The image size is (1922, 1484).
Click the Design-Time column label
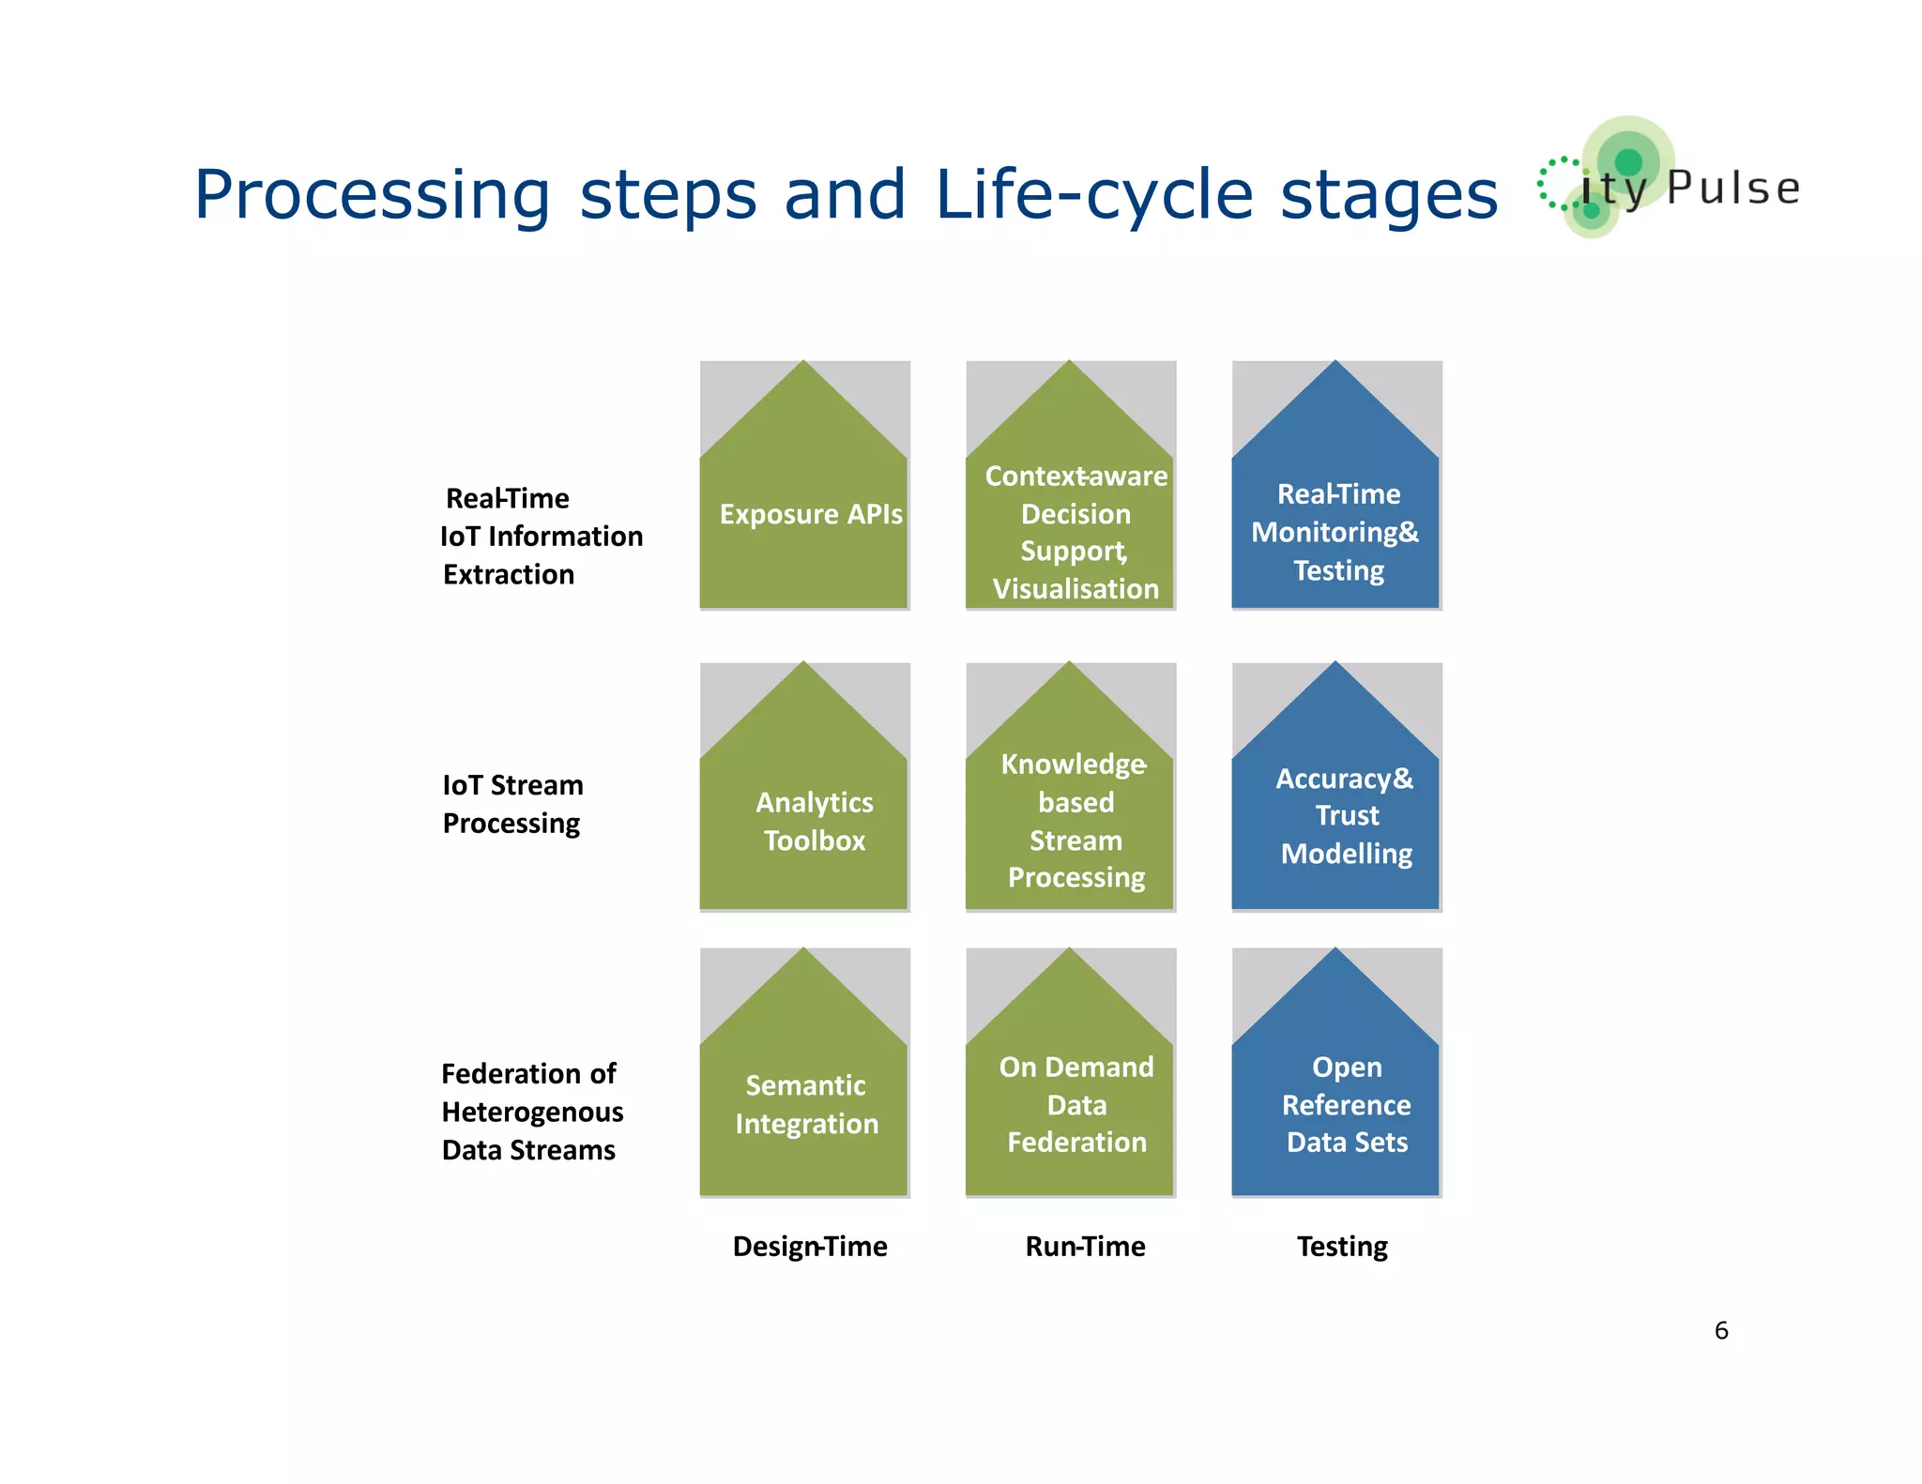(810, 1246)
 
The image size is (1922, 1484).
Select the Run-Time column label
(1085, 1246)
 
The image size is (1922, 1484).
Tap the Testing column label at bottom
(1342, 1246)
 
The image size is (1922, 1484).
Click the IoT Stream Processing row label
(512, 803)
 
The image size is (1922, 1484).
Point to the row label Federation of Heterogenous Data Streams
(532, 1112)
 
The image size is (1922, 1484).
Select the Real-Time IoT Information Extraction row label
(541, 536)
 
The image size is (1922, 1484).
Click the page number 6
(1720, 1330)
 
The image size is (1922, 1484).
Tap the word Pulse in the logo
(1733, 188)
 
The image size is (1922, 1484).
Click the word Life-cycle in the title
(1093, 194)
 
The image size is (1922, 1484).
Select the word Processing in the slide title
(372, 194)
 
